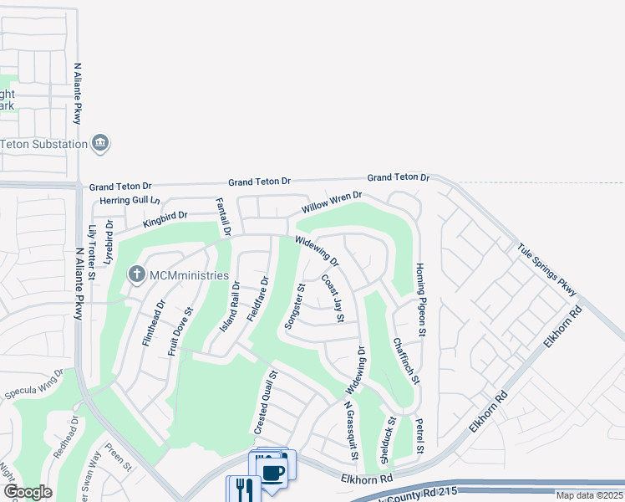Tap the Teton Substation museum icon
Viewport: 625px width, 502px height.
[100, 143]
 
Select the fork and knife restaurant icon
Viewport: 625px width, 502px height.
[244, 489]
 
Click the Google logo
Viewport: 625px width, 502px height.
[28, 492]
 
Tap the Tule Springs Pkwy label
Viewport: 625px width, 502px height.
[547, 269]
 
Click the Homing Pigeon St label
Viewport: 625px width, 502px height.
[423, 301]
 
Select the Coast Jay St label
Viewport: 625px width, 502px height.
[333, 299]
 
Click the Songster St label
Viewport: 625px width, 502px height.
[296, 307]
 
